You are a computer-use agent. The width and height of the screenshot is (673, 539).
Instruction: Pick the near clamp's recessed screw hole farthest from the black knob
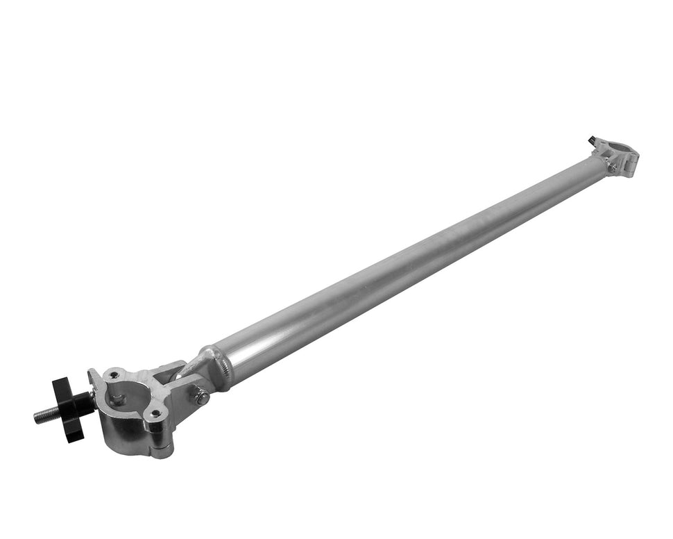[x=156, y=413]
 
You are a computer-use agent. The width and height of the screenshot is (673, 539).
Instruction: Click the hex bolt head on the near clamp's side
[x=201, y=397]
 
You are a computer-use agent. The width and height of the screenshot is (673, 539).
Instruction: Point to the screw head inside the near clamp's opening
[x=119, y=400]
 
